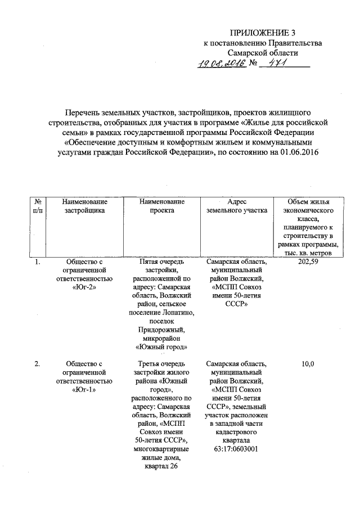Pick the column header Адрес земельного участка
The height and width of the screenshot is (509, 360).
(x=237, y=206)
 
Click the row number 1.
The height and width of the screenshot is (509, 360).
(x=37, y=262)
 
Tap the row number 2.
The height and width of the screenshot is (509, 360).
(x=37, y=364)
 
